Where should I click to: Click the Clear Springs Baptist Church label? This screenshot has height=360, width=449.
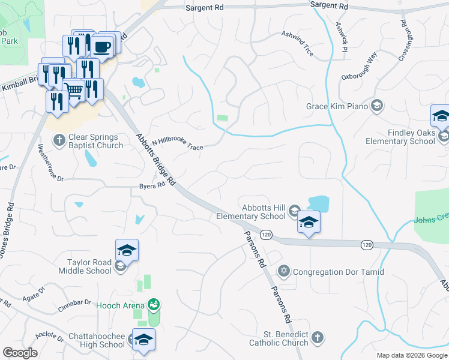pos(95,141)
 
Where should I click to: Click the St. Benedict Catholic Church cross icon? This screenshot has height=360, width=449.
pos(318,338)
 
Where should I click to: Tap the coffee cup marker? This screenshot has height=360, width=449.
pos(102,47)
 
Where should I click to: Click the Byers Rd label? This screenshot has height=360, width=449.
pos(152,186)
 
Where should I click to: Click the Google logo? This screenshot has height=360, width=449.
pos(20,353)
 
